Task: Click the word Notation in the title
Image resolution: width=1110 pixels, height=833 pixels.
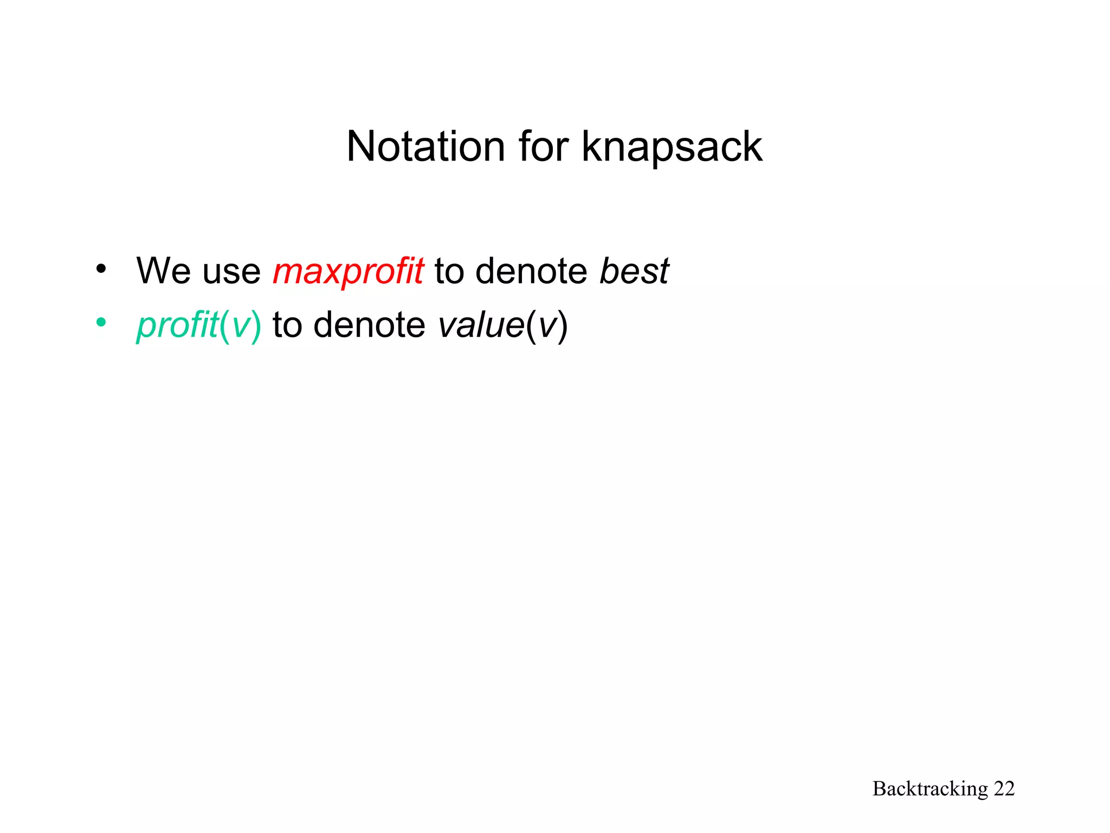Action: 426,146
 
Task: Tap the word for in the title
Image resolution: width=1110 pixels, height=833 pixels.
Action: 543,146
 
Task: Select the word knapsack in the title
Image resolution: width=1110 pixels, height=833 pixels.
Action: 672,148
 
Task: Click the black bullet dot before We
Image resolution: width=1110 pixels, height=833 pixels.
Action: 101,268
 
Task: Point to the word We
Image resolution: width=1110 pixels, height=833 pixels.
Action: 164,271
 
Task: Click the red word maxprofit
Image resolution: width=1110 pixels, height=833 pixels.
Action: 348,272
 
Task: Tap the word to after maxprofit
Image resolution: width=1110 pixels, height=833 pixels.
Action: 449,272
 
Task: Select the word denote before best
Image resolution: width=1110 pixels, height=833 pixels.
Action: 531,271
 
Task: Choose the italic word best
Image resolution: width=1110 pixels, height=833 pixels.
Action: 634,271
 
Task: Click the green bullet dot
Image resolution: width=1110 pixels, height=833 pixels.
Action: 101,323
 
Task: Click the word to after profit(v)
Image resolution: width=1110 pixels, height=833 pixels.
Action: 287,325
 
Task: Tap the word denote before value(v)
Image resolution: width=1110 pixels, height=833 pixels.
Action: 370,325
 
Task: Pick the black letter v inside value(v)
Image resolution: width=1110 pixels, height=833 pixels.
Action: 547,326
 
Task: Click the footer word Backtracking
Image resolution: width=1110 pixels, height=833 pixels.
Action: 930,789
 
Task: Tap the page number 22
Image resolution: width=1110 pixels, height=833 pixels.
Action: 1004,789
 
